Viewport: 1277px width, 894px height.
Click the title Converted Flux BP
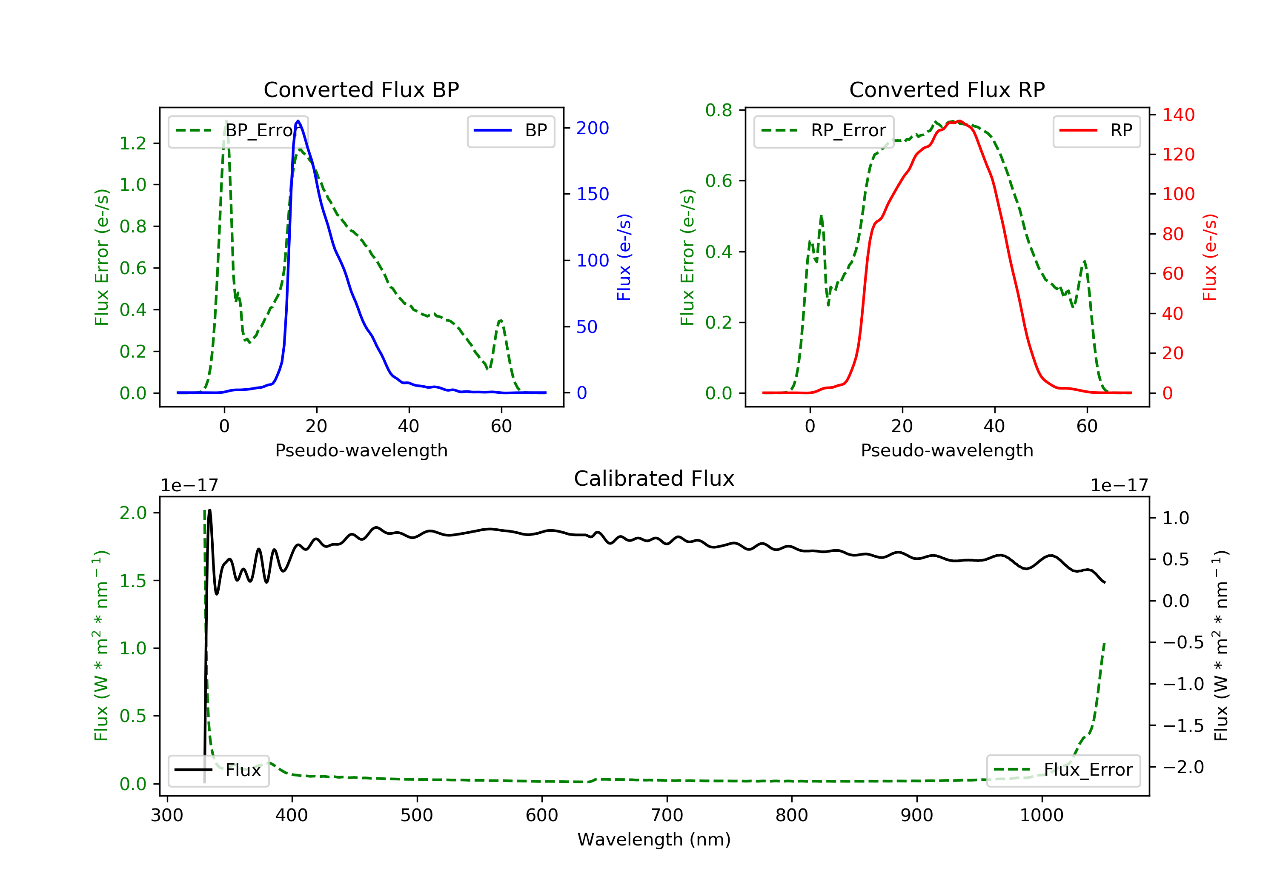tap(361, 89)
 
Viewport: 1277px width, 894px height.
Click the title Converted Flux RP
tap(947, 89)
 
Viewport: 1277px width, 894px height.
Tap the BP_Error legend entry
tap(238, 131)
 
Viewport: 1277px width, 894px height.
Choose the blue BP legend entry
tap(510, 131)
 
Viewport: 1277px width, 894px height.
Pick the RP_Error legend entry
tap(823, 131)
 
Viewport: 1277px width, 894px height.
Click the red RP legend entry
tap(1096, 131)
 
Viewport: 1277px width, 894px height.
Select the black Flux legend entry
tap(218, 771)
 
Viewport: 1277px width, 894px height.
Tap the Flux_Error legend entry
tap(1063, 770)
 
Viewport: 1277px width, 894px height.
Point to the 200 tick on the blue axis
tap(593, 129)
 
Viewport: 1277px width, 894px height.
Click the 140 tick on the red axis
tap(1178, 115)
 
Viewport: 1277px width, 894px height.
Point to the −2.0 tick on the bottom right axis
tap(1183, 767)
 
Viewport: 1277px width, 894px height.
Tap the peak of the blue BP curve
tap(298, 121)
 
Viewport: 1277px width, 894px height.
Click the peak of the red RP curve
tap(959, 121)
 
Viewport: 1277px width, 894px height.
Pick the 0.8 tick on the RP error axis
tap(719, 110)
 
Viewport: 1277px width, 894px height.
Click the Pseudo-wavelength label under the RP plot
tap(947, 450)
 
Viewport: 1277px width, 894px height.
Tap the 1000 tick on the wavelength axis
tap(1041, 816)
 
